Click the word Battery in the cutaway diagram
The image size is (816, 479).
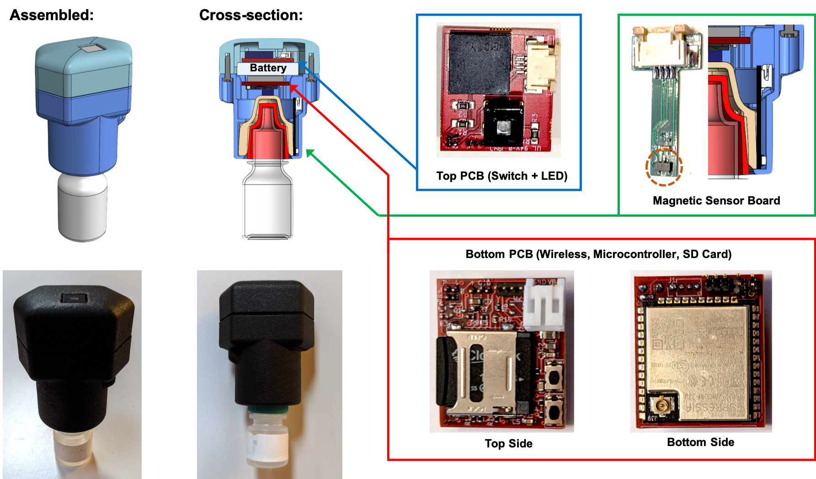click(x=268, y=68)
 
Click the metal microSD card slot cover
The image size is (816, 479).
click(x=487, y=373)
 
